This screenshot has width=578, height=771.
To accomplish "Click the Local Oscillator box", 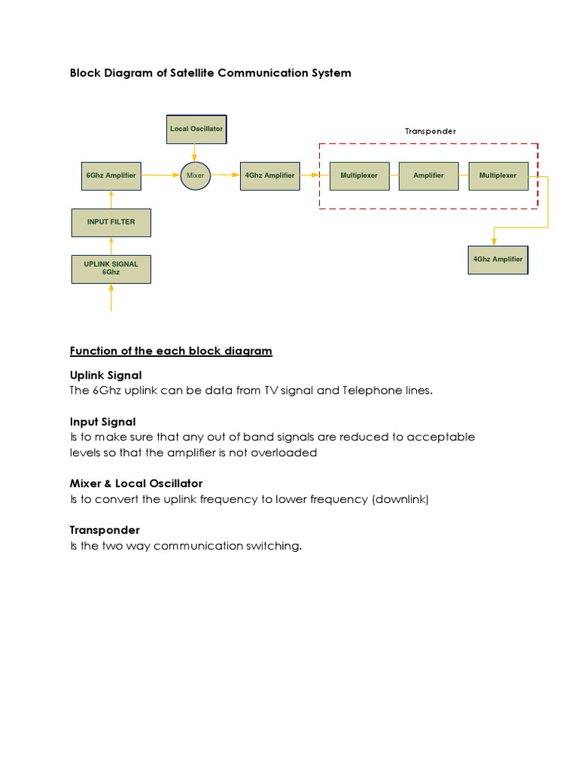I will click(x=196, y=129).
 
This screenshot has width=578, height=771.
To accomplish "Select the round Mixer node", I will click(x=195, y=175).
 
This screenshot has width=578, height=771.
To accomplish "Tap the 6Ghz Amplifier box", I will click(x=111, y=175).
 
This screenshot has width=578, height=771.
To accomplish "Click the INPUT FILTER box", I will click(x=111, y=222).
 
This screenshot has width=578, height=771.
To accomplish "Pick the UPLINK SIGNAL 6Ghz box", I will click(x=111, y=269).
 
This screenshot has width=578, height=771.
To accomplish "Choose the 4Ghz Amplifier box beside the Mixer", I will click(x=269, y=175).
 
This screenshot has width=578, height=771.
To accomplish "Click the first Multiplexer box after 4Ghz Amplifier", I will click(x=359, y=175).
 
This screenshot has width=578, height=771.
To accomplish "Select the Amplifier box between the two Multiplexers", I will click(x=428, y=175).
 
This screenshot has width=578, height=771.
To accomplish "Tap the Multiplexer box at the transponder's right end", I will click(x=498, y=175).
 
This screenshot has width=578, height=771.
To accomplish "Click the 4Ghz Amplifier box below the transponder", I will click(x=497, y=260).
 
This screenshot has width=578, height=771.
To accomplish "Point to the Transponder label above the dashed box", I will click(x=430, y=131).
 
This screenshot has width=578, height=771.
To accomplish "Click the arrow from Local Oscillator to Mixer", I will click(x=195, y=151).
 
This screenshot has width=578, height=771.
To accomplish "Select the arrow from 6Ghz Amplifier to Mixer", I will click(x=160, y=175).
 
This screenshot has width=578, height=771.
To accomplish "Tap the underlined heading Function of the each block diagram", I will click(x=171, y=351).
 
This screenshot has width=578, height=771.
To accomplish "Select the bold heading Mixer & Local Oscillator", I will click(x=136, y=483).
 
